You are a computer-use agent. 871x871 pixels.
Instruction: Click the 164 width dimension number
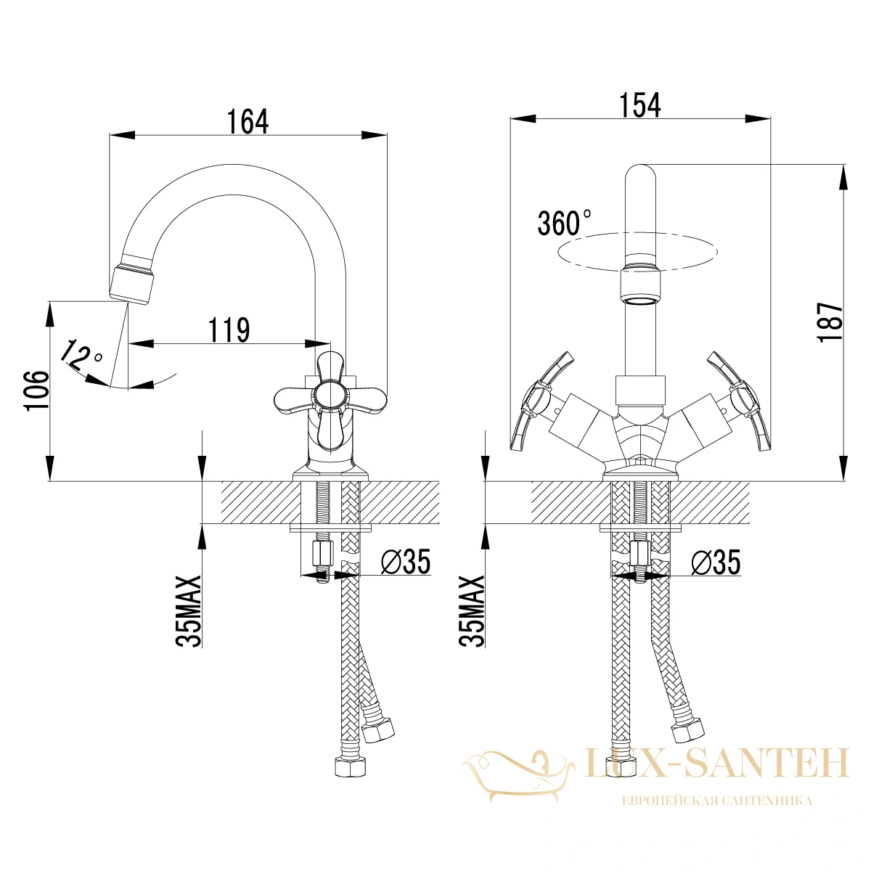click(x=248, y=121)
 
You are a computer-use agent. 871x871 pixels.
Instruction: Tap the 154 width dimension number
click(x=639, y=105)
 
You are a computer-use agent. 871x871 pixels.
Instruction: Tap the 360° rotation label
click(x=564, y=223)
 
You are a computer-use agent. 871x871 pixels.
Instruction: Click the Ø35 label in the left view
click(x=406, y=562)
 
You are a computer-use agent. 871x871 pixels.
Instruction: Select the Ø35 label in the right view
click(x=716, y=563)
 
